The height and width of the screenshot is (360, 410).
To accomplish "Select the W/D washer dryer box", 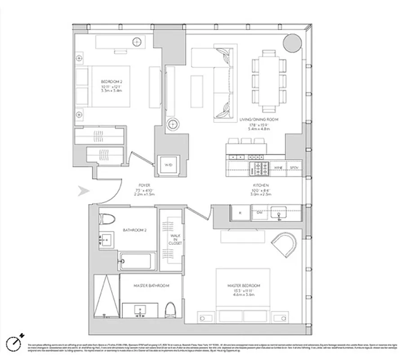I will [x=168, y=165].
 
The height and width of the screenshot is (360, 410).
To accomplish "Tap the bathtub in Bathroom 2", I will [x=137, y=261].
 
